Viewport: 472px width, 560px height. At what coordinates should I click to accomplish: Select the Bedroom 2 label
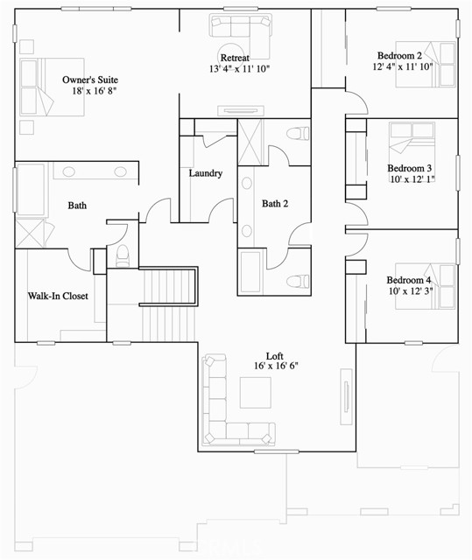coord(399,55)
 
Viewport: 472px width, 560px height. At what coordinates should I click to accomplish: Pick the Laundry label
coord(206,173)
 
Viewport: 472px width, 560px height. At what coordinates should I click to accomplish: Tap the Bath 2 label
coord(275,204)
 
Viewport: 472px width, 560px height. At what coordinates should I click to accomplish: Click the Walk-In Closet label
coord(58,297)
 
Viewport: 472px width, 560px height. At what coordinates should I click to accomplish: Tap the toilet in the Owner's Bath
coord(123,255)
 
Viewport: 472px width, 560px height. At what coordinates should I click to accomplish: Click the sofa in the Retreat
coord(241,36)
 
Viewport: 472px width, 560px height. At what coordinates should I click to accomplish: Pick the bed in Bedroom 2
coord(433,65)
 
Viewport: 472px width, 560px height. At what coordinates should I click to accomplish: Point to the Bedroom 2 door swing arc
coord(352,103)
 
